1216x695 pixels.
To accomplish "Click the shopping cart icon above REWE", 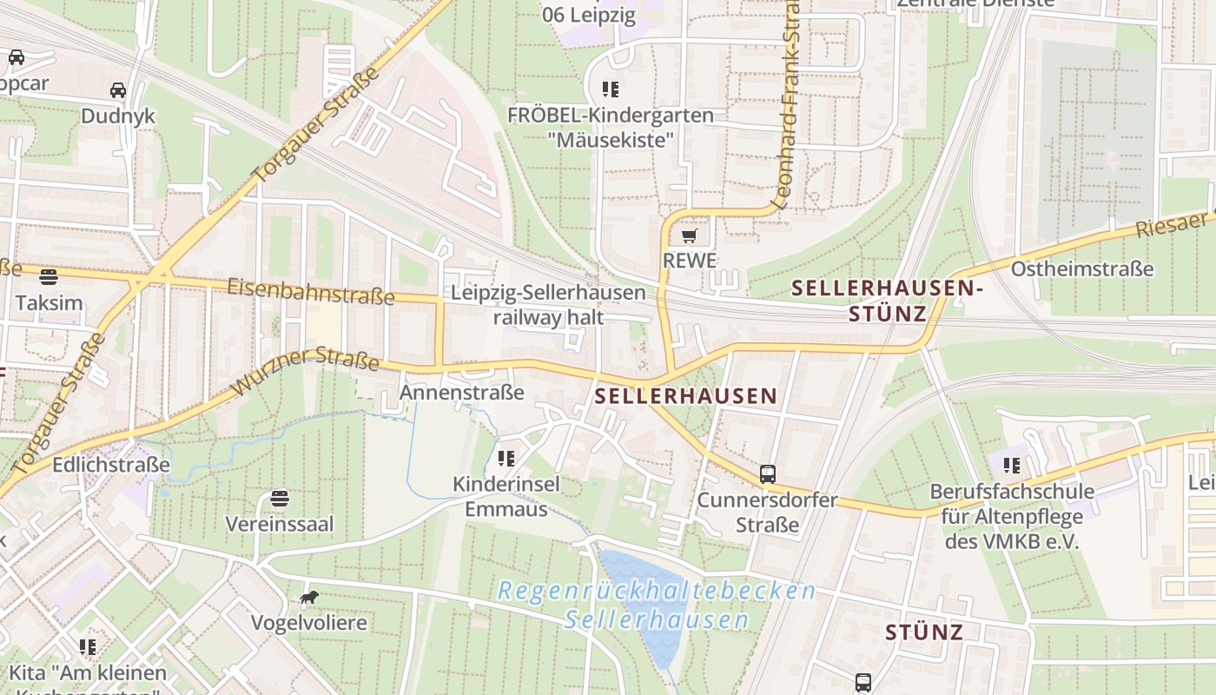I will tap(689, 236).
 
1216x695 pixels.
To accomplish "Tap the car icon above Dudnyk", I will tap(117, 90).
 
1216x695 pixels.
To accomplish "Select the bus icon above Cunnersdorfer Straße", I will tap(768, 474).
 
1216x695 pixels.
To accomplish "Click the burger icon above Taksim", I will tap(49, 277).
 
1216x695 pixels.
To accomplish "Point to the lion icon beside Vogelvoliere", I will tap(308, 597).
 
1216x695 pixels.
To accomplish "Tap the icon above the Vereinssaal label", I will tap(279, 499).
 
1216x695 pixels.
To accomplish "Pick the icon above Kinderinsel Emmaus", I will tap(506, 458).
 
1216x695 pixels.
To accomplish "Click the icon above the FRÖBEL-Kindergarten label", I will tap(610, 89).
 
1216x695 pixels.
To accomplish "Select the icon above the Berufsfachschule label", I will tap(1011, 466).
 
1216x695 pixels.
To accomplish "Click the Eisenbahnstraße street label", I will tap(311, 291).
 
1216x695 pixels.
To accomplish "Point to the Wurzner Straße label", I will tap(306, 373).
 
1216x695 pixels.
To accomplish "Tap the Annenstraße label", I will tap(462, 393).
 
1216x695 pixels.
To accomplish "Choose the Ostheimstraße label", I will tap(1081, 268).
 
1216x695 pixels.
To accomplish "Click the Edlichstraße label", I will tap(111, 465).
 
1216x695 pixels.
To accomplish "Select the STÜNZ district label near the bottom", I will tap(924, 632).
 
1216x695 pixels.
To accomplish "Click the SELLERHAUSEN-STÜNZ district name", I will tap(887, 300).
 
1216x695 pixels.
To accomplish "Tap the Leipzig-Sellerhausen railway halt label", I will tap(548, 305).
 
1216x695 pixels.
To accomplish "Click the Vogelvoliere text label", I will tap(308, 623).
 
